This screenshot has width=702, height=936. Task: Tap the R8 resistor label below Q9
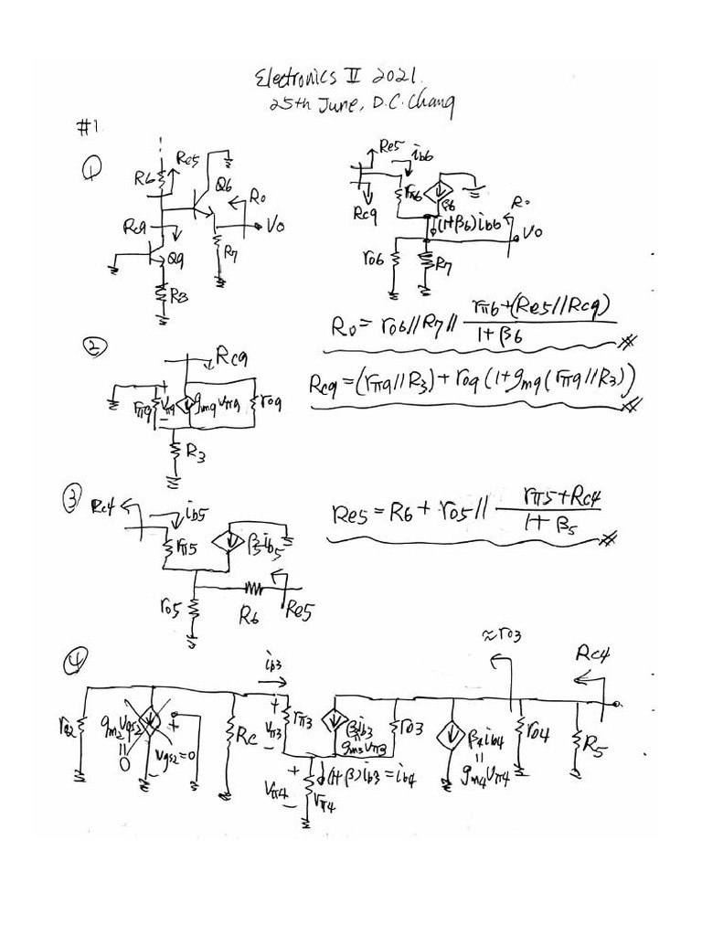coord(179,297)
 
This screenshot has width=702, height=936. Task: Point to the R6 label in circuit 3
coord(250,616)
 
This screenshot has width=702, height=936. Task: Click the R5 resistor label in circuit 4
coord(600,748)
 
